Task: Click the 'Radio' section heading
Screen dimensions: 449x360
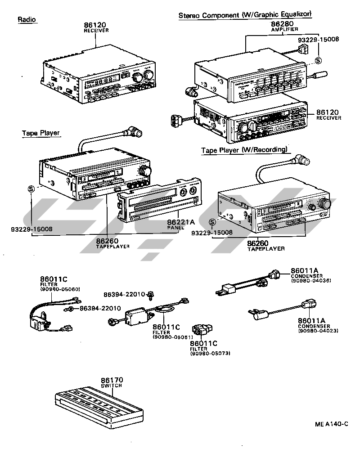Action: [27, 20]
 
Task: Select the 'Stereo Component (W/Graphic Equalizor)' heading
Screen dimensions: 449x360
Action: [245, 15]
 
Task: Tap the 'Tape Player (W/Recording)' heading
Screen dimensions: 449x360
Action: [244, 150]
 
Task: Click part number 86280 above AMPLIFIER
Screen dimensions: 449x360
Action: [282, 23]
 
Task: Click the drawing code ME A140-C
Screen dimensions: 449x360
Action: [332, 424]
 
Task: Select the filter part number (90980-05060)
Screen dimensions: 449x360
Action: [60, 289]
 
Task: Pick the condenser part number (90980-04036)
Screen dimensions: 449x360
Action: [310, 281]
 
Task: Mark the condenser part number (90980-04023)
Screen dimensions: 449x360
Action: [318, 331]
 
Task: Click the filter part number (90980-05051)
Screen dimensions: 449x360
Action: [173, 337]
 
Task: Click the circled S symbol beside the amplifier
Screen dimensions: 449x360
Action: [318, 60]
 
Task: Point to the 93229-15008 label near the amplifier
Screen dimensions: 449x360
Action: [318, 39]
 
